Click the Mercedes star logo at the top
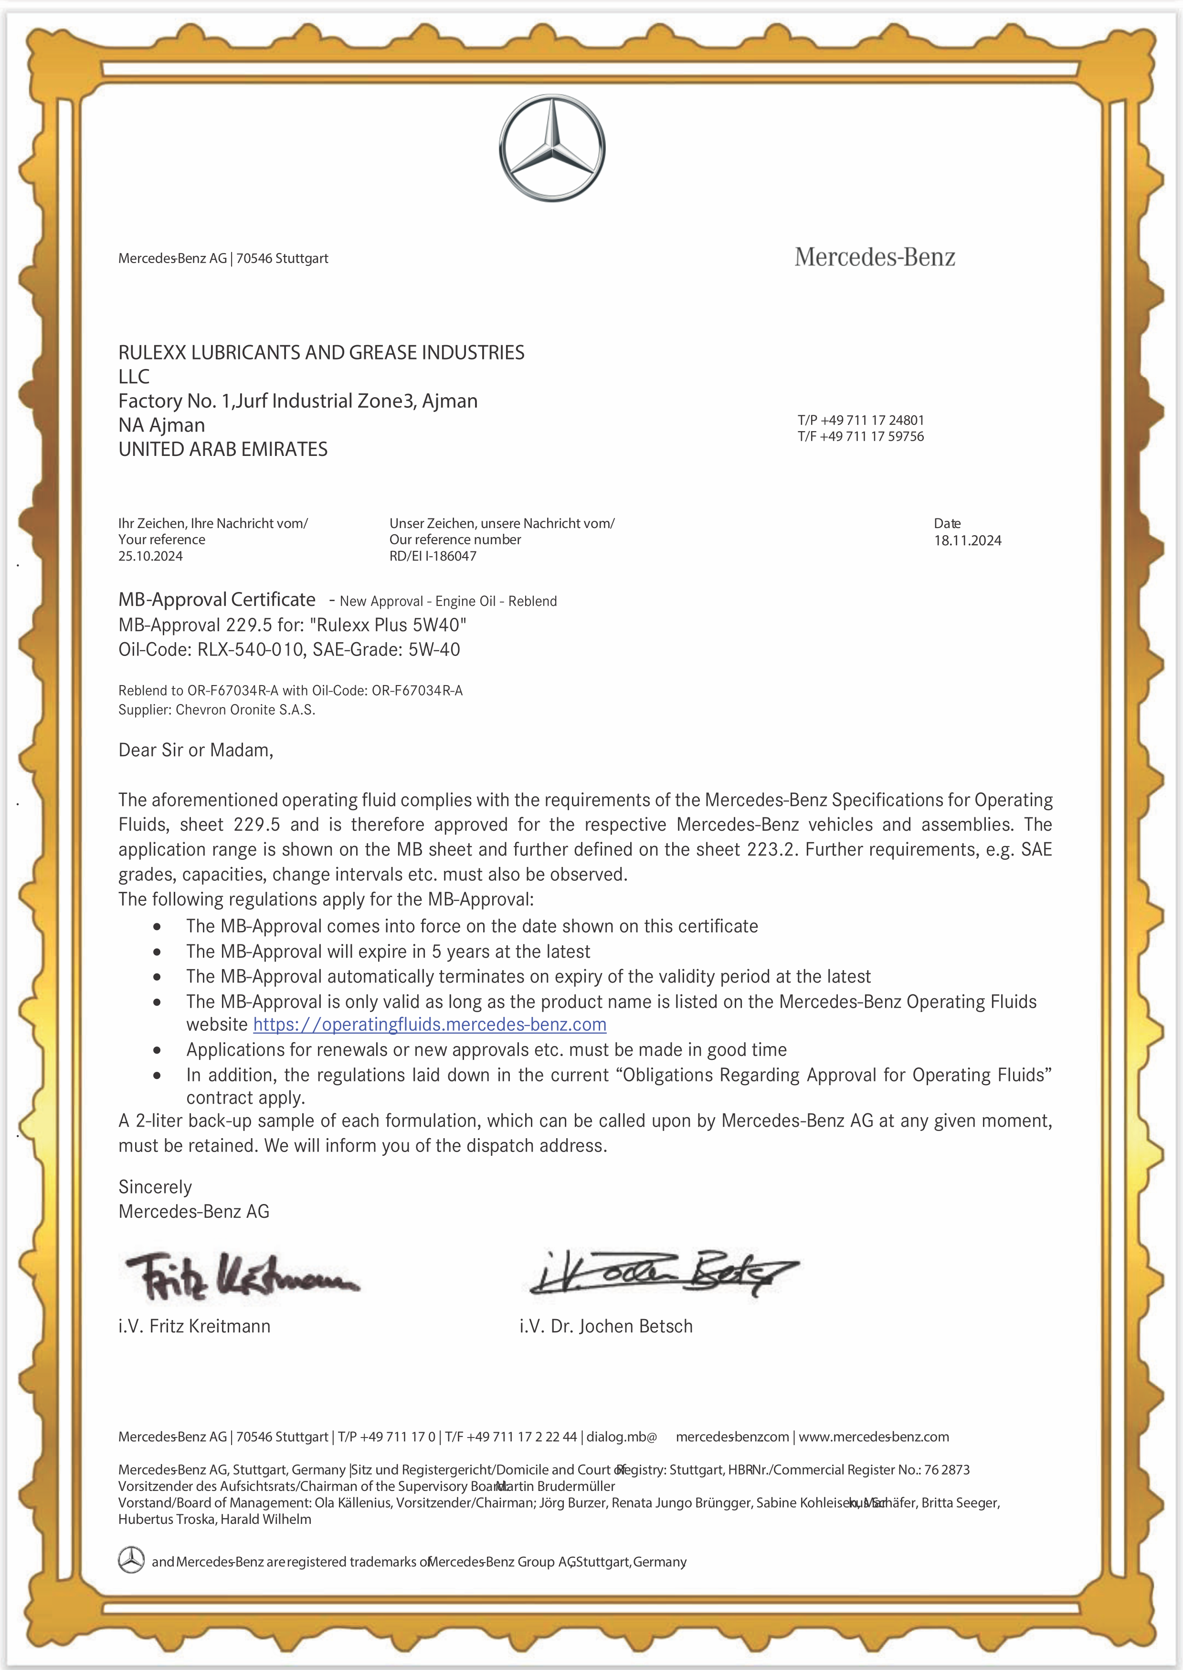tap(551, 148)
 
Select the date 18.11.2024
tap(967, 540)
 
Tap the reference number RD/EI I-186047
tap(433, 556)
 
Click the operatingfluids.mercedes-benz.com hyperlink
tap(430, 1024)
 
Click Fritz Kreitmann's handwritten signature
tap(241, 1276)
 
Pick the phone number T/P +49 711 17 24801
tap(860, 420)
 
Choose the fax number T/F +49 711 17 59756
tap(860, 436)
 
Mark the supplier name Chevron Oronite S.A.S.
tap(245, 710)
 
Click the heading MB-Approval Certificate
tap(217, 599)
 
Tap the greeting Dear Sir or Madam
tap(195, 750)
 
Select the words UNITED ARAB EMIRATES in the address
tap(223, 449)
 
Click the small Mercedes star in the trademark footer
tap(131, 1561)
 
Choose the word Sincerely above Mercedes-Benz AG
tap(155, 1187)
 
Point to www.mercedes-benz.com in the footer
tap(874, 1437)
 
